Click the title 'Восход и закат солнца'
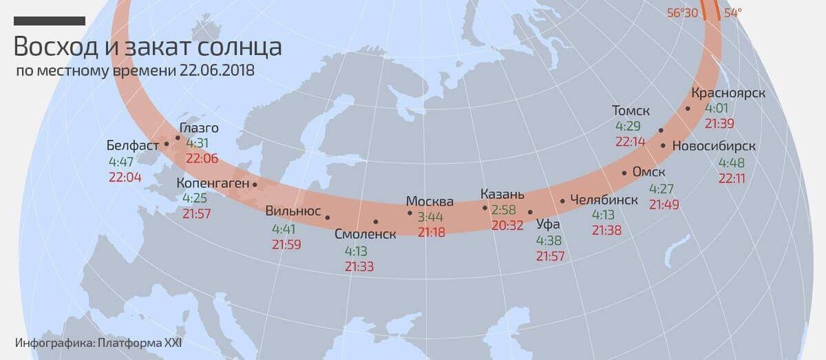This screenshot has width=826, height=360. click(147, 47)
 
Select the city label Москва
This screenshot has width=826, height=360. click(430, 202)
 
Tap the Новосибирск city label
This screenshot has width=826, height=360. click(714, 146)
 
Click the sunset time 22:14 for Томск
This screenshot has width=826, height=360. click(630, 141)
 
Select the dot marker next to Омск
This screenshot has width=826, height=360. click(624, 173)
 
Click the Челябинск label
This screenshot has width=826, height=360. click(604, 200)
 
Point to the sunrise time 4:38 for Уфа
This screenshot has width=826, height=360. click(549, 241)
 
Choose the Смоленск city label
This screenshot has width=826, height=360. click(365, 234)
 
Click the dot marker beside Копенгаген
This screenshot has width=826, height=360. click(255, 184)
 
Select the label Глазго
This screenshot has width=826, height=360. click(199, 128)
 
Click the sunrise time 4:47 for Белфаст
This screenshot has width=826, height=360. click(122, 162)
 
